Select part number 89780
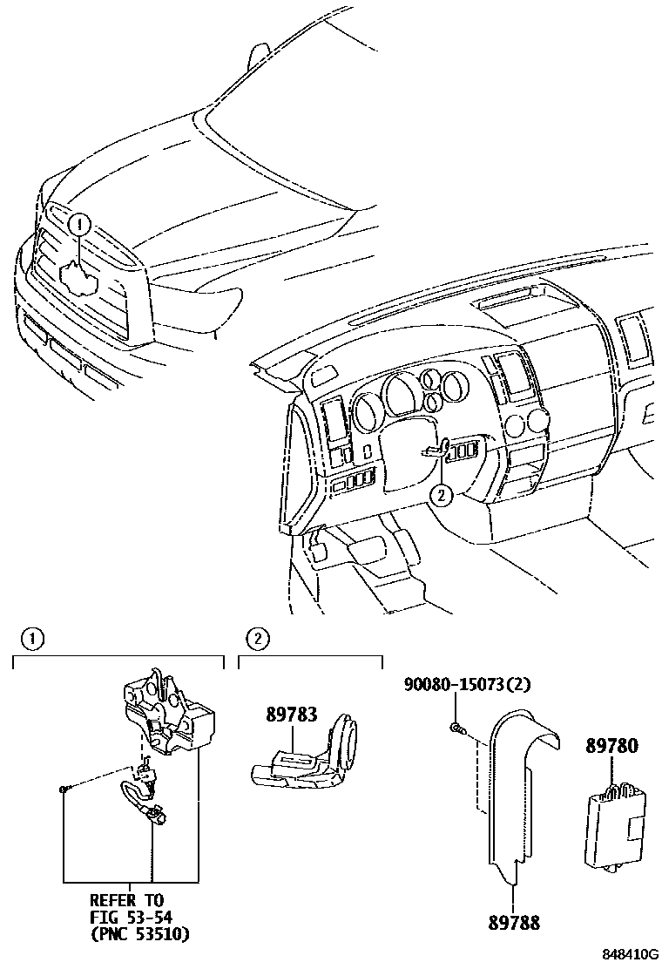(x=611, y=747)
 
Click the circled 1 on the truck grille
(x=78, y=225)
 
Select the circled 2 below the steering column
(x=442, y=496)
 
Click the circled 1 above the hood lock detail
(x=32, y=640)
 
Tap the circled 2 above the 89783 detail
(x=258, y=640)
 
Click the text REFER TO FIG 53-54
(x=127, y=908)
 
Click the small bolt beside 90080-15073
(x=456, y=727)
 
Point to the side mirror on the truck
(x=257, y=56)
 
